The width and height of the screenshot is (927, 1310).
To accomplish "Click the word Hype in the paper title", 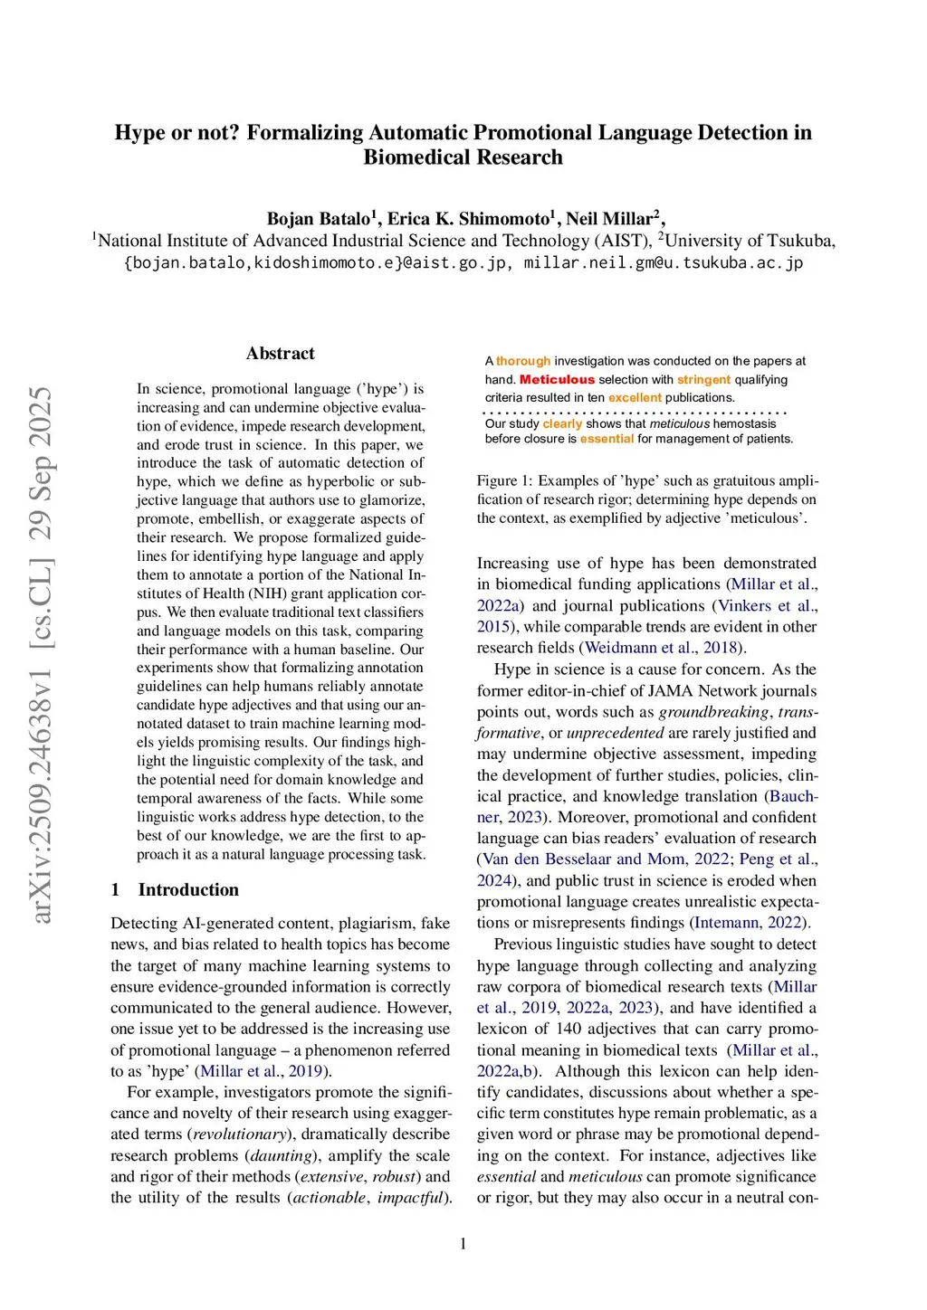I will (x=140, y=133).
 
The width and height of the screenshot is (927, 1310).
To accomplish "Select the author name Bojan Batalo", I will (x=318, y=218).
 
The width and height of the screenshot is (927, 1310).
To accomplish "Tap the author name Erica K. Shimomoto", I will (x=468, y=218).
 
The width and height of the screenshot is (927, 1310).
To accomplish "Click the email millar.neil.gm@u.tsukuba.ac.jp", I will (x=663, y=262).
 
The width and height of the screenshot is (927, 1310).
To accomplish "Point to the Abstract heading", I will (x=280, y=354).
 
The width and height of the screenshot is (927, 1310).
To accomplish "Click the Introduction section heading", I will (x=188, y=889).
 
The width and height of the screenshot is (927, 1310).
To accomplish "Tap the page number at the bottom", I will (x=463, y=1243).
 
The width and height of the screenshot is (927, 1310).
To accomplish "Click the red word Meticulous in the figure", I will (x=557, y=380).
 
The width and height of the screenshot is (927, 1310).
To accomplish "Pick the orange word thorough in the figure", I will (x=523, y=361).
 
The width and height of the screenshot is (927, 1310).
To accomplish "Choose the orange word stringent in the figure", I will (x=703, y=380).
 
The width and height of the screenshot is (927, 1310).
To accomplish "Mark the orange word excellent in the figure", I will (x=635, y=398).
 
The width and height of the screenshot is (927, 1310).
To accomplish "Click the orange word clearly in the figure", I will (x=562, y=423).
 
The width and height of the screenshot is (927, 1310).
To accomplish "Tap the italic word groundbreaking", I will (x=714, y=712).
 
